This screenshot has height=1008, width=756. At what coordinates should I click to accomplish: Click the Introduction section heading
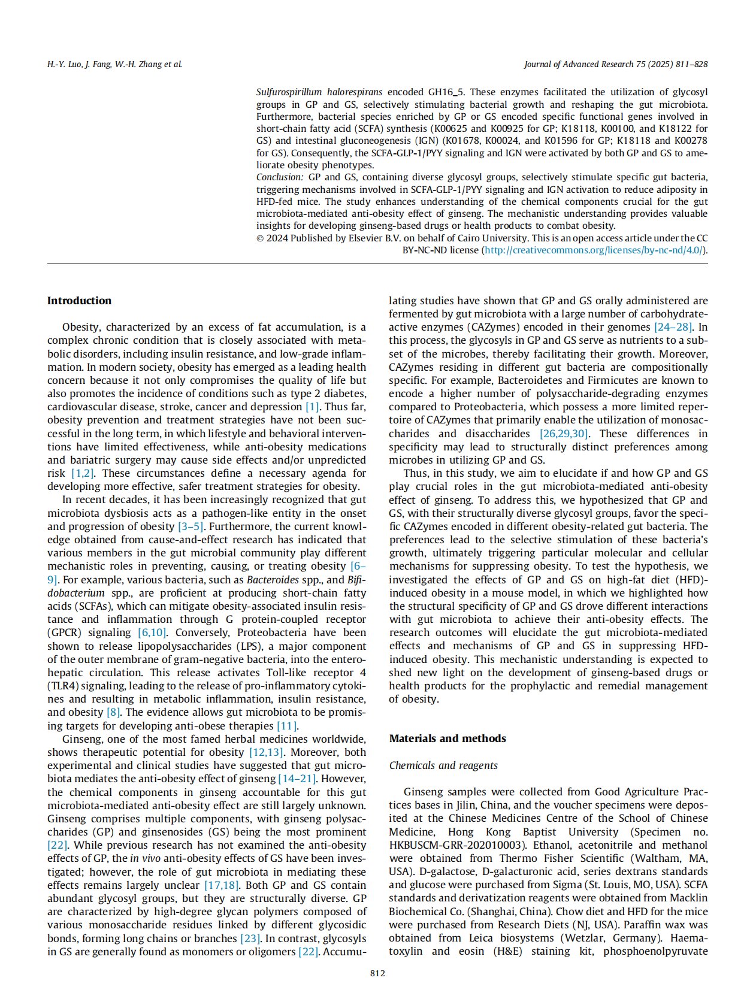[x=79, y=301]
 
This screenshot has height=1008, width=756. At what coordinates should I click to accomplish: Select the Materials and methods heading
[x=447, y=738]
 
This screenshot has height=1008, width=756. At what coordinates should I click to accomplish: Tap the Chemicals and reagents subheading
[x=443, y=765]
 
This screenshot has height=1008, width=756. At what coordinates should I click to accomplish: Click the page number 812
[x=377, y=973]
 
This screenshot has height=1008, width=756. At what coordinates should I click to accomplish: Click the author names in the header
[x=114, y=64]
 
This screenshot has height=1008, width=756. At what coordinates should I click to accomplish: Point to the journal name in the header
[x=615, y=64]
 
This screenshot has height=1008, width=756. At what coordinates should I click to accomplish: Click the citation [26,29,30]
[x=564, y=434]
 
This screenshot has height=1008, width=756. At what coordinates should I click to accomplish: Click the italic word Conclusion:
[x=280, y=177]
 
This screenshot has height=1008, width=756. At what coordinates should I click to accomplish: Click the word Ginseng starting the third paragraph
[x=81, y=739]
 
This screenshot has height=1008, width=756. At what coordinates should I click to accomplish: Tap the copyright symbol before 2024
[x=260, y=238]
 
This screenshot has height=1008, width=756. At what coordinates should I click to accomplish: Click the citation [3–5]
[x=191, y=526]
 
